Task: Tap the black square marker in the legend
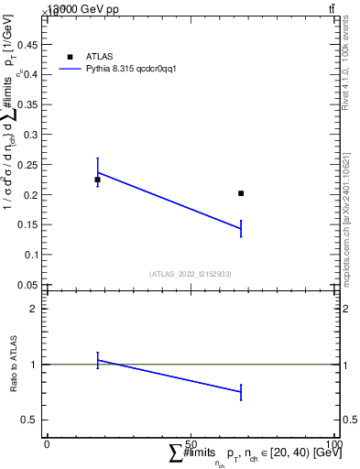pos(71,57)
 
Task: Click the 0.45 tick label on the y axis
pos(28,44)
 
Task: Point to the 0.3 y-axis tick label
pos(31,135)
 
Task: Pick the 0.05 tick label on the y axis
pos(28,284)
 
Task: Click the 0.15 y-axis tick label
pos(28,224)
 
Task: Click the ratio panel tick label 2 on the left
pos(34,309)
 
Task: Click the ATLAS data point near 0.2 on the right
pos(241,193)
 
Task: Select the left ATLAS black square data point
pos(97,180)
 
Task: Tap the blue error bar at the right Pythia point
pos(241,228)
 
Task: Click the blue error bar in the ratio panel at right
pos(241,392)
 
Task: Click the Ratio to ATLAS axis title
pos(15,365)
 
